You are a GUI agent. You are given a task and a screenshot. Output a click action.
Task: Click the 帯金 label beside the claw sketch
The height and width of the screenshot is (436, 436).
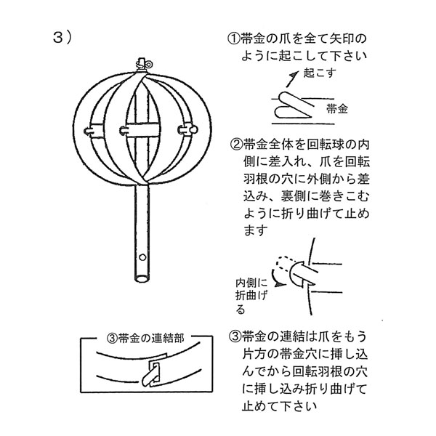point(336,109)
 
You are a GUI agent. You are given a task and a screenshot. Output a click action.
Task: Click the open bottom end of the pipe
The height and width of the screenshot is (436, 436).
point(141,277)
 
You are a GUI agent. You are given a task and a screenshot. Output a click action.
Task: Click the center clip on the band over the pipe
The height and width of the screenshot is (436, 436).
point(126,132)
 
